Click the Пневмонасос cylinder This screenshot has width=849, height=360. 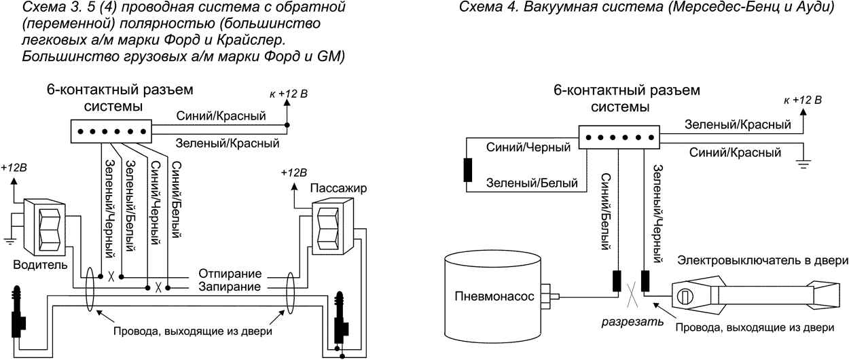pos(492,296)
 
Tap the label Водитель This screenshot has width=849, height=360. pos(40,264)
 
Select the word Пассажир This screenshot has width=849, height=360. pos(338,188)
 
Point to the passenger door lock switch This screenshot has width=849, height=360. pos(333,228)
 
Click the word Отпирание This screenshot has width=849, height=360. pos(230,274)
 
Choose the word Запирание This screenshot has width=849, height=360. pos(230,287)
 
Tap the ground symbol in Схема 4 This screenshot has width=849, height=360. pos(803,164)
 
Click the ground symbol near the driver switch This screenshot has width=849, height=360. pos(9,240)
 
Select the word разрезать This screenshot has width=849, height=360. pos(632,322)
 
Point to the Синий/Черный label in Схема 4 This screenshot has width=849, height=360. pos(528,147)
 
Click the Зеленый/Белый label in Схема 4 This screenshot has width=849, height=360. pos(532,183)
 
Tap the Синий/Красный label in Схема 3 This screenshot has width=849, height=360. pos(221,116)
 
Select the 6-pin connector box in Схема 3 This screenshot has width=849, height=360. pos(111,132)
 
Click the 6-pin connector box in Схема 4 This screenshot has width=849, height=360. pos(619,137)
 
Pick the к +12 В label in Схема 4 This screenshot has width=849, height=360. pos(802,100)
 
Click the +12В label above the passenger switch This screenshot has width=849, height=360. pos(293,173)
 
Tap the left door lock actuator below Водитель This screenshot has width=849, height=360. pos(17,312)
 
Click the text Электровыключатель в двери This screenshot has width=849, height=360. pos(762,260)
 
